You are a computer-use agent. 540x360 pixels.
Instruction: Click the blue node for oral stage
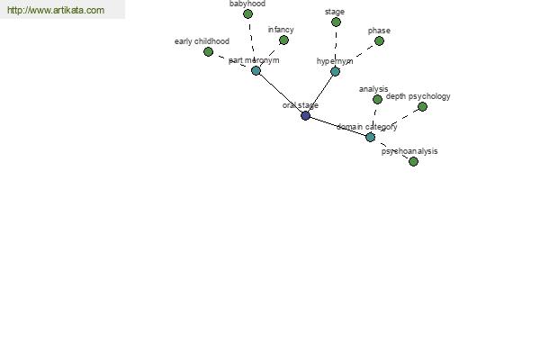pos(305,115)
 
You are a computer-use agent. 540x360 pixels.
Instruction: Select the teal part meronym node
pos(256,70)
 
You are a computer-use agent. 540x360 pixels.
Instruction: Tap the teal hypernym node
pos(335,71)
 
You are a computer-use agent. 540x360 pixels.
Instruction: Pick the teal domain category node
pos(370,137)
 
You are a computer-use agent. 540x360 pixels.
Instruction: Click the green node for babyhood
pos(247,14)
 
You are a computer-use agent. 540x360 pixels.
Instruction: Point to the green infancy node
pos(283,40)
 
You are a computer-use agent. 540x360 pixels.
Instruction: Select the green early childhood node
pos(208,51)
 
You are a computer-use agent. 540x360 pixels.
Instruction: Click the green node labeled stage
pos(336,22)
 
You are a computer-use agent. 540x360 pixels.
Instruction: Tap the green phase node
pos(379,41)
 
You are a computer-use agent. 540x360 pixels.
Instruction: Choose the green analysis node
pos(377,99)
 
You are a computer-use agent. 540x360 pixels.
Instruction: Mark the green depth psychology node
pos(422,106)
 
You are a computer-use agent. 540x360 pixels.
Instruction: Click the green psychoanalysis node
pos(413,161)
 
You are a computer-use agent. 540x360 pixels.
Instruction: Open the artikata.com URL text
pos(56,10)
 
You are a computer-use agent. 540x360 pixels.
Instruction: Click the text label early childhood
pos(202,41)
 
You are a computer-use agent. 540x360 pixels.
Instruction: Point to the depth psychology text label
pos(418,96)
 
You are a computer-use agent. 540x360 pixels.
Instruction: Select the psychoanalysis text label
pos(409,151)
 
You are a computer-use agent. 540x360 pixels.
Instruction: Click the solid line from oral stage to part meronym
pos(280,93)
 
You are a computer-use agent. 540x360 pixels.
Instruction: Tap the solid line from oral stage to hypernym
pos(320,94)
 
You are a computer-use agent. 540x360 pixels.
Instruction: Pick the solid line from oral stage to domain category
pos(337,126)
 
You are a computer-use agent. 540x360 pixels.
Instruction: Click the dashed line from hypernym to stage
pos(336,47)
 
